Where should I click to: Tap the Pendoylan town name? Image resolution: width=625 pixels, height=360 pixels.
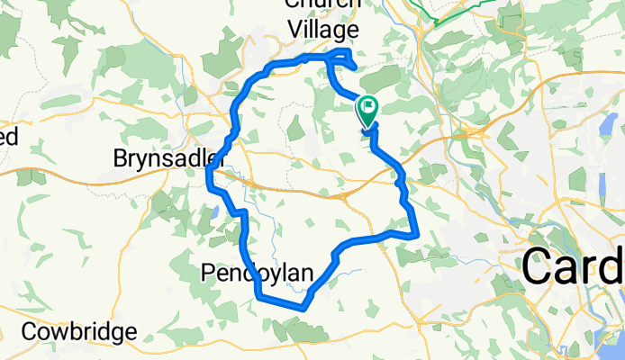257,273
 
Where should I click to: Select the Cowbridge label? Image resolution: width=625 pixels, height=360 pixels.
80,331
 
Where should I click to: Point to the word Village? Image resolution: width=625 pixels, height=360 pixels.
322,29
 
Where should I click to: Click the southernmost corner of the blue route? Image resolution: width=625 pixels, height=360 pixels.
303,308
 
